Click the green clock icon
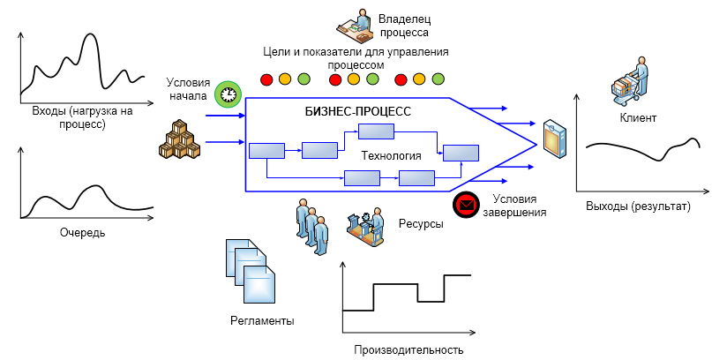(229, 92)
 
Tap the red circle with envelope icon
(465, 206)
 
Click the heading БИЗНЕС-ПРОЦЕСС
(353, 112)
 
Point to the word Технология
(391, 156)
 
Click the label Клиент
(637, 117)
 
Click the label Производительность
(408, 349)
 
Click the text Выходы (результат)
(638, 206)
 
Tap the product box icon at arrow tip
(554, 139)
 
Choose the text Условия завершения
(520, 206)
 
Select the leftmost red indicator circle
(266, 80)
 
